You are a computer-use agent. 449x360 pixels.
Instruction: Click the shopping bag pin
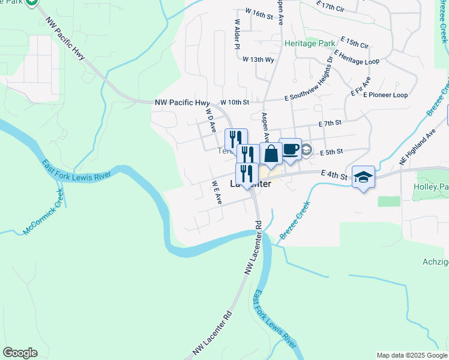point(271,154)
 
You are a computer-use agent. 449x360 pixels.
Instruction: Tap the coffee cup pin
point(290,149)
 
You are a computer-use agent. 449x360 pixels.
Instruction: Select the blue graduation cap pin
point(363,177)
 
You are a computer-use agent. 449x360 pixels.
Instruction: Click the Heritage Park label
point(310,44)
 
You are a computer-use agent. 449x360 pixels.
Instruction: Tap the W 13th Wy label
point(258,59)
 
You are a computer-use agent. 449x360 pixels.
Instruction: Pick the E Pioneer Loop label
point(385,95)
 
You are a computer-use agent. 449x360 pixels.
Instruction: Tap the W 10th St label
point(234,102)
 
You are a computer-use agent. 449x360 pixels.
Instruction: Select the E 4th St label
point(335,175)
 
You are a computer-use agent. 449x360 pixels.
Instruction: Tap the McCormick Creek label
point(42,212)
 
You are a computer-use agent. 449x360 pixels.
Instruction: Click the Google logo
point(20,353)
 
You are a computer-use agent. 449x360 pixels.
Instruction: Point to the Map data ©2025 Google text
point(411,355)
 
